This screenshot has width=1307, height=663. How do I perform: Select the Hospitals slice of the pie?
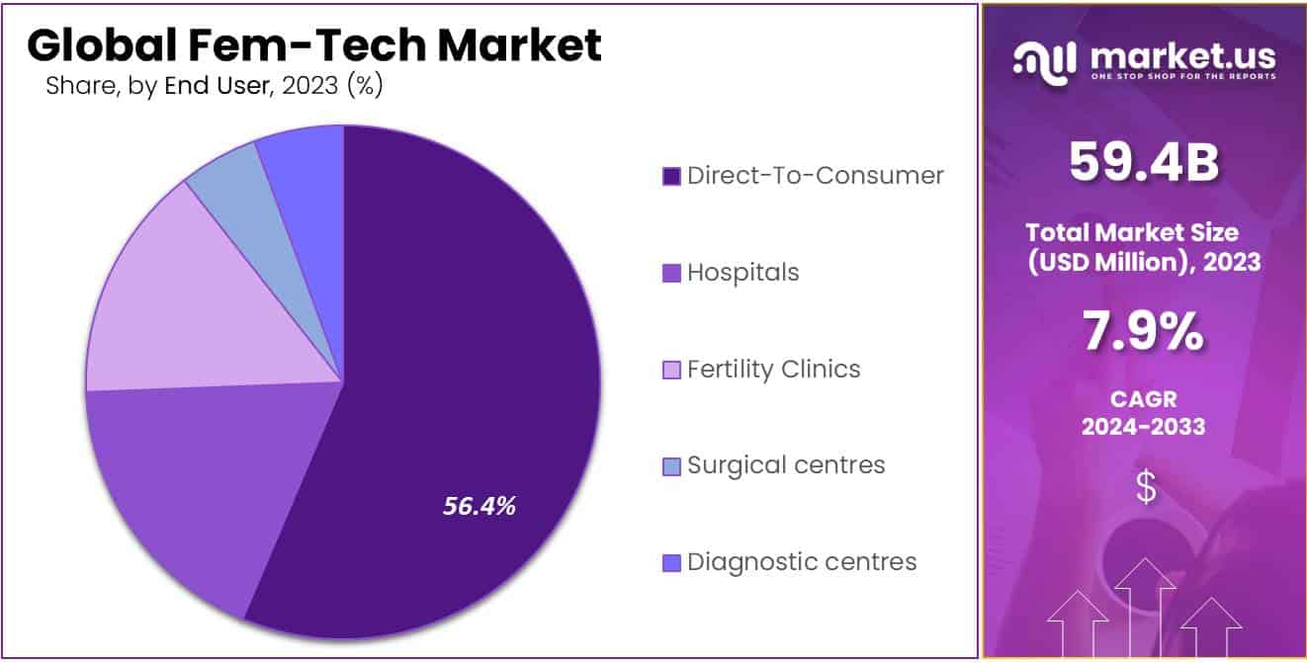tap(188, 474)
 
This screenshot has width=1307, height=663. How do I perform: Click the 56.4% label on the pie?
tap(479, 507)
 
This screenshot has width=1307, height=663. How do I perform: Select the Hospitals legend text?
tap(742, 272)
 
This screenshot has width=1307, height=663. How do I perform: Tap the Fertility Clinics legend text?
tap(773, 369)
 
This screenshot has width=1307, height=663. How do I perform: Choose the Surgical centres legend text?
tap(786, 464)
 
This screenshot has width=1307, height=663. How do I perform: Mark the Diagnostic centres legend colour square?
tap(671, 563)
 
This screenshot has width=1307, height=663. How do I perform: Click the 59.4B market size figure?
tap(1144, 163)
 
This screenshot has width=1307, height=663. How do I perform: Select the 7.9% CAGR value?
tap(1144, 334)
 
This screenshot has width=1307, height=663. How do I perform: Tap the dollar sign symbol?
tap(1145, 487)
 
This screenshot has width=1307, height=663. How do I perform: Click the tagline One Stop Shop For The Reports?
tap(1182, 77)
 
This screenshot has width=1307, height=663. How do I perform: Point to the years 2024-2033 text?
tap(1144, 427)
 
